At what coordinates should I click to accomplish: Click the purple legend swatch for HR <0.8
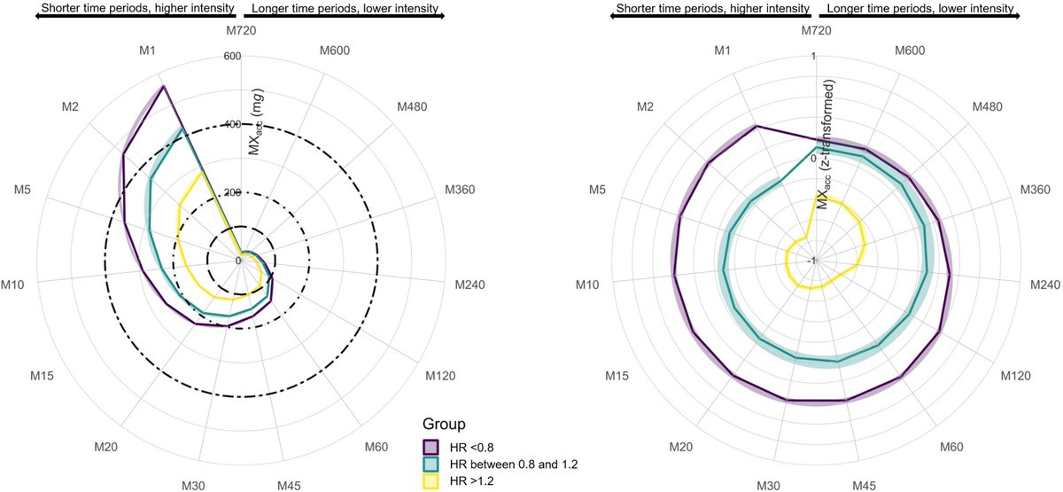tap(431, 447)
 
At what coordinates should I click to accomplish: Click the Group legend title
tap(445, 425)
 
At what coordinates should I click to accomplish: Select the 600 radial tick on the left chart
tap(233, 56)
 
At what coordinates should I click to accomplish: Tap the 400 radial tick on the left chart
tap(233, 124)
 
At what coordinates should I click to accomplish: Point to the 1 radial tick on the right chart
tap(812, 56)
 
